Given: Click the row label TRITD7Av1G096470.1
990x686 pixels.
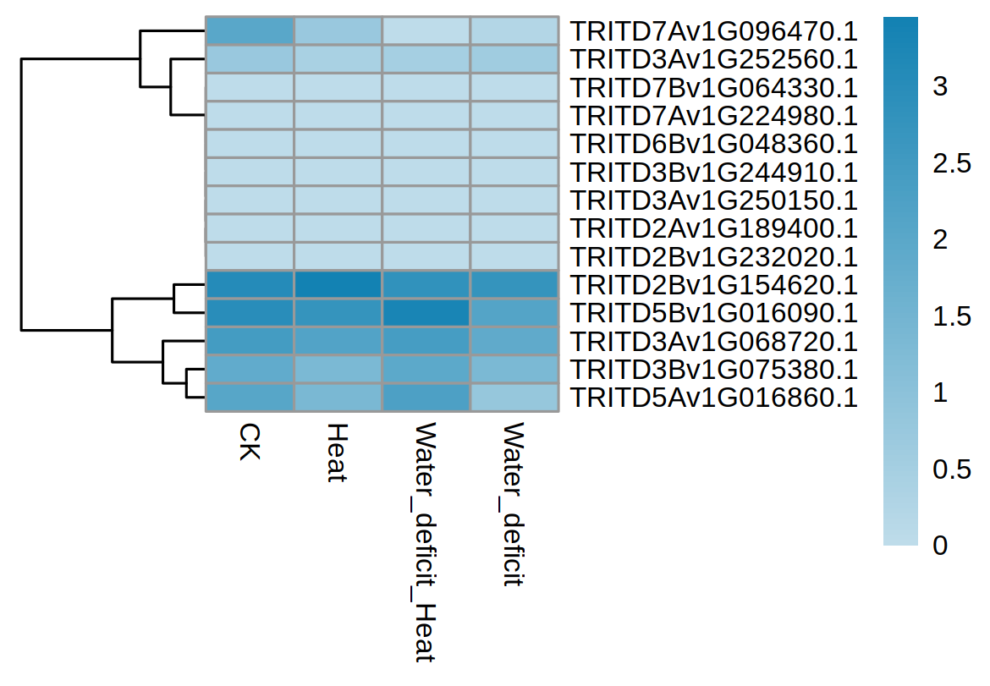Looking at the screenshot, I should tap(714, 31).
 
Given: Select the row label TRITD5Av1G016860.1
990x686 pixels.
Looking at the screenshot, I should tap(714, 398).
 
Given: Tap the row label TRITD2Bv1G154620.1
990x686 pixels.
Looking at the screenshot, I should tap(714, 285).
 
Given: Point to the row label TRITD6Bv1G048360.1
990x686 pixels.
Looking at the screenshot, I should tap(714, 144).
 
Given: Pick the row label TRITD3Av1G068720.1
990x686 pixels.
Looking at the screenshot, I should tap(714, 342).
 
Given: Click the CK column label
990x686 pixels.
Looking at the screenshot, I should tap(250, 442).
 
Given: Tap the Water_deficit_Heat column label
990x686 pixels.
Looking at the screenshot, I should tap(426, 541).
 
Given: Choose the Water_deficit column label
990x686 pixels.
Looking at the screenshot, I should tap(514, 505).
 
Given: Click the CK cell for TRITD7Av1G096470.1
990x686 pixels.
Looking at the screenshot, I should tap(250, 31).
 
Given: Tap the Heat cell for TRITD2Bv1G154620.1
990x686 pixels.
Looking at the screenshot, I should tap(338, 285).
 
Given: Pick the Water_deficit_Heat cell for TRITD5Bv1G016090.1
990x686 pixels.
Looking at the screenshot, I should tap(426, 313).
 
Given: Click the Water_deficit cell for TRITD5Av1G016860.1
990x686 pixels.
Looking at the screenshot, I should tap(514, 398).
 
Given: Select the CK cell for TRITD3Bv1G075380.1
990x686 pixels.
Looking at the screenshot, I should tap(250, 370).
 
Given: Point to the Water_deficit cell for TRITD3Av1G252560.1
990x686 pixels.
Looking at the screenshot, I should tap(514, 59).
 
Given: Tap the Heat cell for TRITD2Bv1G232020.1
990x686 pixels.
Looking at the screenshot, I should tap(338, 257).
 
